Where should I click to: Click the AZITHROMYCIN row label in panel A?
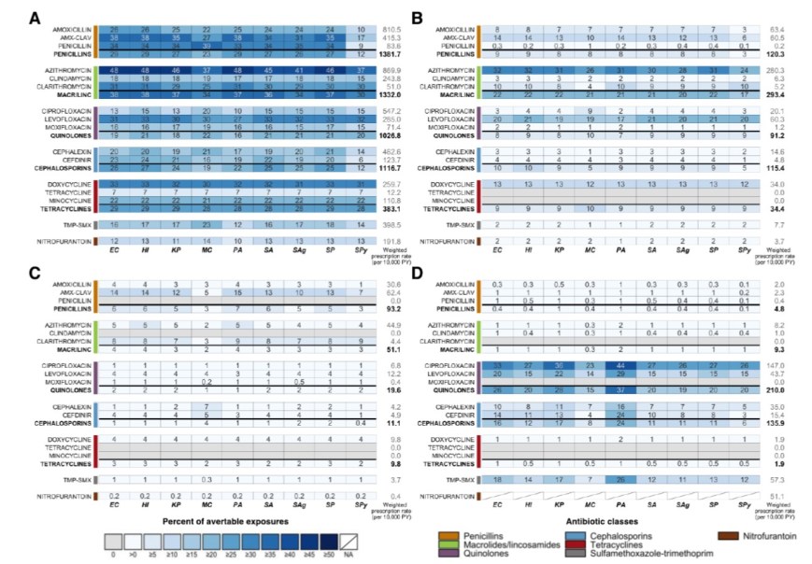65,70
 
